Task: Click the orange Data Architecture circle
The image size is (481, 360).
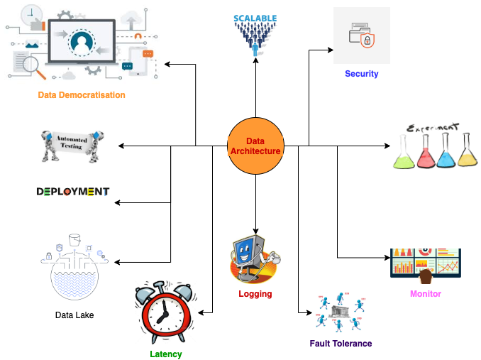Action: click(x=255, y=146)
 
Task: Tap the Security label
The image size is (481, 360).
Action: click(x=361, y=74)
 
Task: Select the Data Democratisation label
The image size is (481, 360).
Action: click(x=82, y=95)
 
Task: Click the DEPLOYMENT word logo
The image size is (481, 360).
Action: click(x=73, y=192)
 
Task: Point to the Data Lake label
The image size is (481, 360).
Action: click(x=74, y=315)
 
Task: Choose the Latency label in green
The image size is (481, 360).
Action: click(x=166, y=354)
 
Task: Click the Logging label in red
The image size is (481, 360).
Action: click(x=255, y=293)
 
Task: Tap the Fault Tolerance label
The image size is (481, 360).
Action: click(x=341, y=344)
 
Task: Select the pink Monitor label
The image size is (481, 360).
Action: click(x=426, y=294)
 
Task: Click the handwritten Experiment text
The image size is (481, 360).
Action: click(x=432, y=127)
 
